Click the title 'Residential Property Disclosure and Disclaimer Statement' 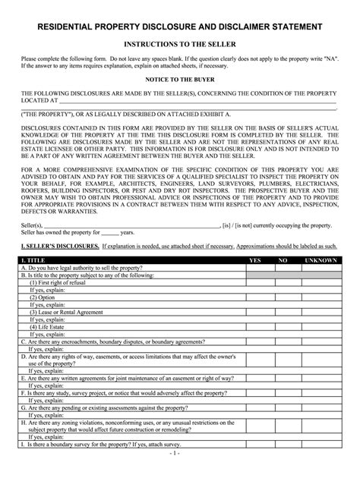[180, 27]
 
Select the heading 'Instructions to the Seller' [180, 45]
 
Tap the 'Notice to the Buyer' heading [180, 78]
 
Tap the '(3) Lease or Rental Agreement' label [68, 312]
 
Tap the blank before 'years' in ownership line [110, 233]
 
